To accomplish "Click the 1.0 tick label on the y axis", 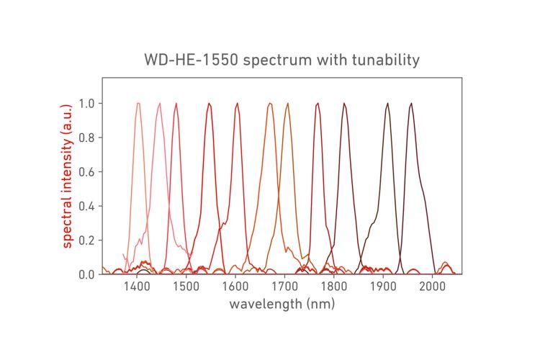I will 86,104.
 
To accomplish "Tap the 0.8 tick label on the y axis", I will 86,138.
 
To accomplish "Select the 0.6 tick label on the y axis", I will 86,172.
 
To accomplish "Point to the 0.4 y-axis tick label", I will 86,206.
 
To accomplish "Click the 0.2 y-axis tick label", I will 86,240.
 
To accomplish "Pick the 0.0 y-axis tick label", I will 86,274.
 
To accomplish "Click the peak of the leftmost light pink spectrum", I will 138,104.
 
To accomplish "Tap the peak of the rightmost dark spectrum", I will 411,104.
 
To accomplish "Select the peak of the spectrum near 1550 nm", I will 209,104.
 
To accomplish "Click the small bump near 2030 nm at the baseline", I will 446,263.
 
